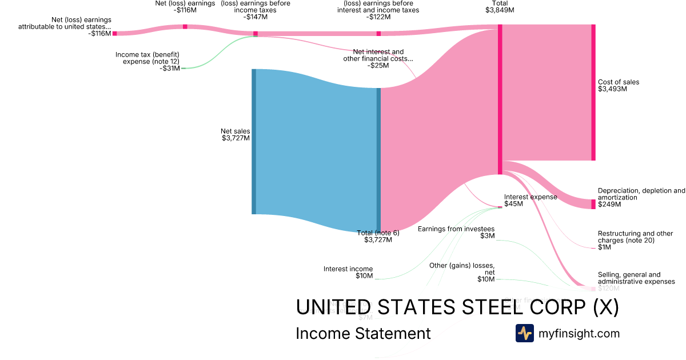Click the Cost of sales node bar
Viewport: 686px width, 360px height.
pyautogui.click(x=593, y=93)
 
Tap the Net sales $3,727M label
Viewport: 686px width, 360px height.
pyautogui.click(x=235, y=135)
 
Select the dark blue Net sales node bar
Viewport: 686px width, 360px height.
pyautogui.click(x=254, y=142)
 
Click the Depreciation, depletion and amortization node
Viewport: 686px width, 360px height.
pyautogui.click(x=593, y=204)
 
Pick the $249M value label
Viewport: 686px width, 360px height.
pyautogui.click(x=609, y=205)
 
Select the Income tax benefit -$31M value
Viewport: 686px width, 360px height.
pyautogui.click(x=170, y=69)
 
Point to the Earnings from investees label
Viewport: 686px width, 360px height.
pyautogui.click(x=456, y=229)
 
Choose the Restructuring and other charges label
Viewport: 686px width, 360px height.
pyautogui.click(x=635, y=237)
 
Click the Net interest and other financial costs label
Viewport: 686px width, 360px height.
pyautogui.click(x=378, y=55)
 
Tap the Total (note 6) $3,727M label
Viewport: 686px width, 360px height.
pyautogui.click(x=378, y=236)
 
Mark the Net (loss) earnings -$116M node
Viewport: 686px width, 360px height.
pyautogui.click(x=185, y=26)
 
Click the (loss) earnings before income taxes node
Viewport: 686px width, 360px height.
pyautogui.click(x=256, y=34)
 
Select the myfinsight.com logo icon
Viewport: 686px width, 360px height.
pyautogui.click(x=524, y=333)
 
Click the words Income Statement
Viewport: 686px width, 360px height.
pyautogui.click(x=363, y=333)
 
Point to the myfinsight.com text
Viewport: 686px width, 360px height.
pyautogui.click(x=579, y=333)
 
